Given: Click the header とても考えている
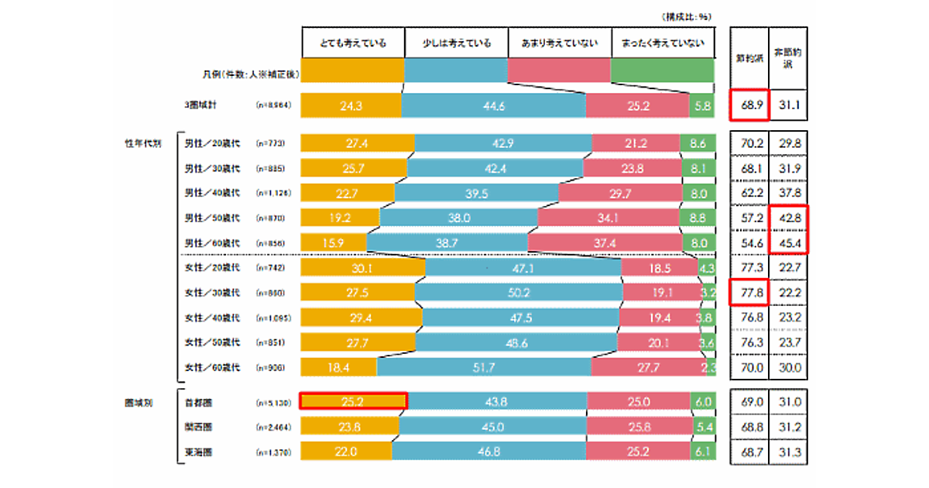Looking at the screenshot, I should pyautogui.click(x=353, y=43).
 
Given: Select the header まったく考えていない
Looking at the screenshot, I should pyautogui.click(x=662, y=43).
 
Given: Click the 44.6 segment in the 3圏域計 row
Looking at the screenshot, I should pyautogui.click(x=493, y=105).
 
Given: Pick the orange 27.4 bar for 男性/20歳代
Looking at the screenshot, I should pyautogui.click(x=358, y=143).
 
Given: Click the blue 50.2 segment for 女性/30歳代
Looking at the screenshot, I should pyautogui.click(x=519, y=294).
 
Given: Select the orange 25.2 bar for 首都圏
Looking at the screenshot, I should pyautogui.click(x=353, y=400).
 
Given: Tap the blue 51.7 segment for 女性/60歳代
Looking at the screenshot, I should pyautogui.click(x=483, y=367).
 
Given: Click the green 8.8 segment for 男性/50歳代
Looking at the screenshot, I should pyautogui.click(x=696, y=218).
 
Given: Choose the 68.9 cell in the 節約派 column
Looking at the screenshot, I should pyautogui.click(x=749, y=105).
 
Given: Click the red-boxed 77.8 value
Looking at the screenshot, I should pyautogui.click(x=749, y=294).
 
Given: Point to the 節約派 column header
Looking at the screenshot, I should pyautogui.click(x=748, y=58).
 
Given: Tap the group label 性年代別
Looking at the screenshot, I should pyautogui.click(x=143, y=143).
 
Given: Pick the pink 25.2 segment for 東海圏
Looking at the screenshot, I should pyautogui.click(x=637, y=450).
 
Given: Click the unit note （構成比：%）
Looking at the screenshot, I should pyautogui.click(x=685, y=15).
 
